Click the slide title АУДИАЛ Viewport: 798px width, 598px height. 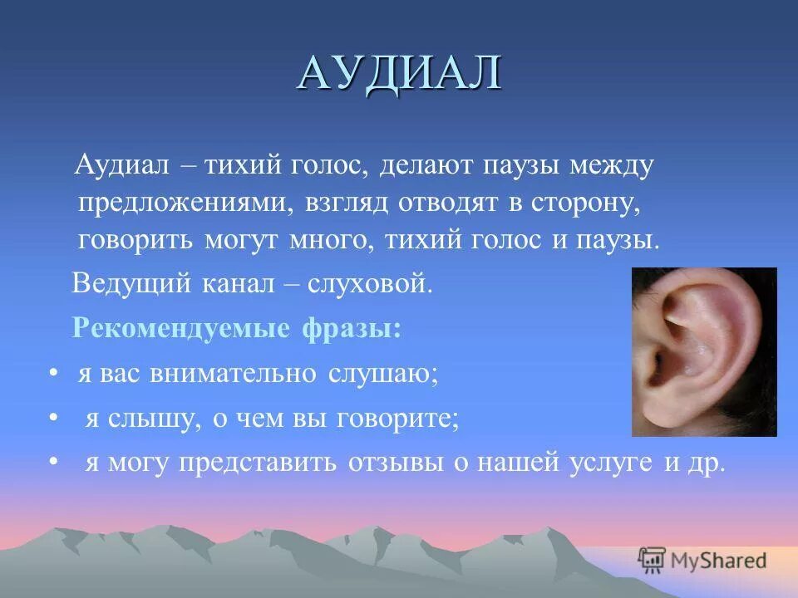[x=399, y=74]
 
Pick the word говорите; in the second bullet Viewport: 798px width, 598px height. [x=398, y=418]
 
